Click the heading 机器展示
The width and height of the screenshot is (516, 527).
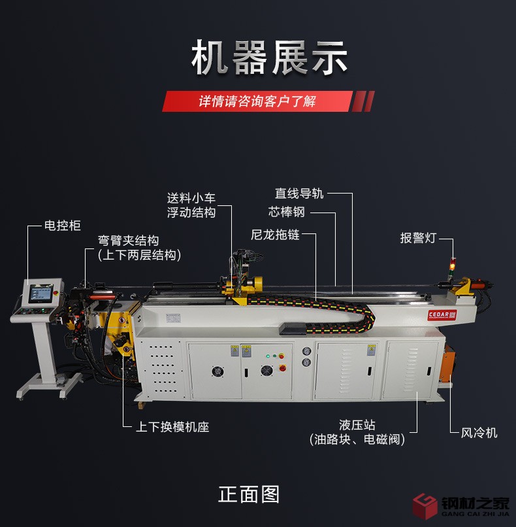point(269,58)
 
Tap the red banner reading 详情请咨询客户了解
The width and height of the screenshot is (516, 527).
point(268,101)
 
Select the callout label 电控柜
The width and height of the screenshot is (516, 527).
point(63,226)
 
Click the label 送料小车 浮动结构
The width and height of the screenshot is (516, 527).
point(191,205)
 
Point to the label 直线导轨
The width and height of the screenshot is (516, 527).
point(299,194)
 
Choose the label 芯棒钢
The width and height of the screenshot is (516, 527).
point(286,212)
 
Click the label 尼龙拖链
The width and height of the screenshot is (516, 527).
point(275,235)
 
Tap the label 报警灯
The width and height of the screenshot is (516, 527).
point(418,238)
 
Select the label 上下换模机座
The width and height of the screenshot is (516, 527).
point(172,427)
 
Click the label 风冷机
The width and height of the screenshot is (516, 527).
point(479,433)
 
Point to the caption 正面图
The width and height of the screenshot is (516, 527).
point(249,494)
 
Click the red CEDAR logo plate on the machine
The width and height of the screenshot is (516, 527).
point(442,315)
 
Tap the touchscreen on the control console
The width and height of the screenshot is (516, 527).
point(41,293)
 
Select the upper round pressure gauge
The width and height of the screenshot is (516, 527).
point(306,352)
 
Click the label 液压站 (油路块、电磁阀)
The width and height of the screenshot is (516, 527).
point(357,432)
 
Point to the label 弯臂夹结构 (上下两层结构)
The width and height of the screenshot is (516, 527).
point(139,248)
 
